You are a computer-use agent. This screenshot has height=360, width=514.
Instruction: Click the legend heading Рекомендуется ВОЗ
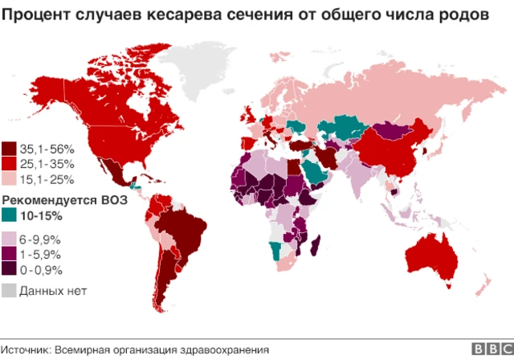(x=61, y=199)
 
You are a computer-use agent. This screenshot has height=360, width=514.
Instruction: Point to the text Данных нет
(x=53, y=290)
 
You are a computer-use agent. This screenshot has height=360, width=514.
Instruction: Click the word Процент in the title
(x=36, y=14)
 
